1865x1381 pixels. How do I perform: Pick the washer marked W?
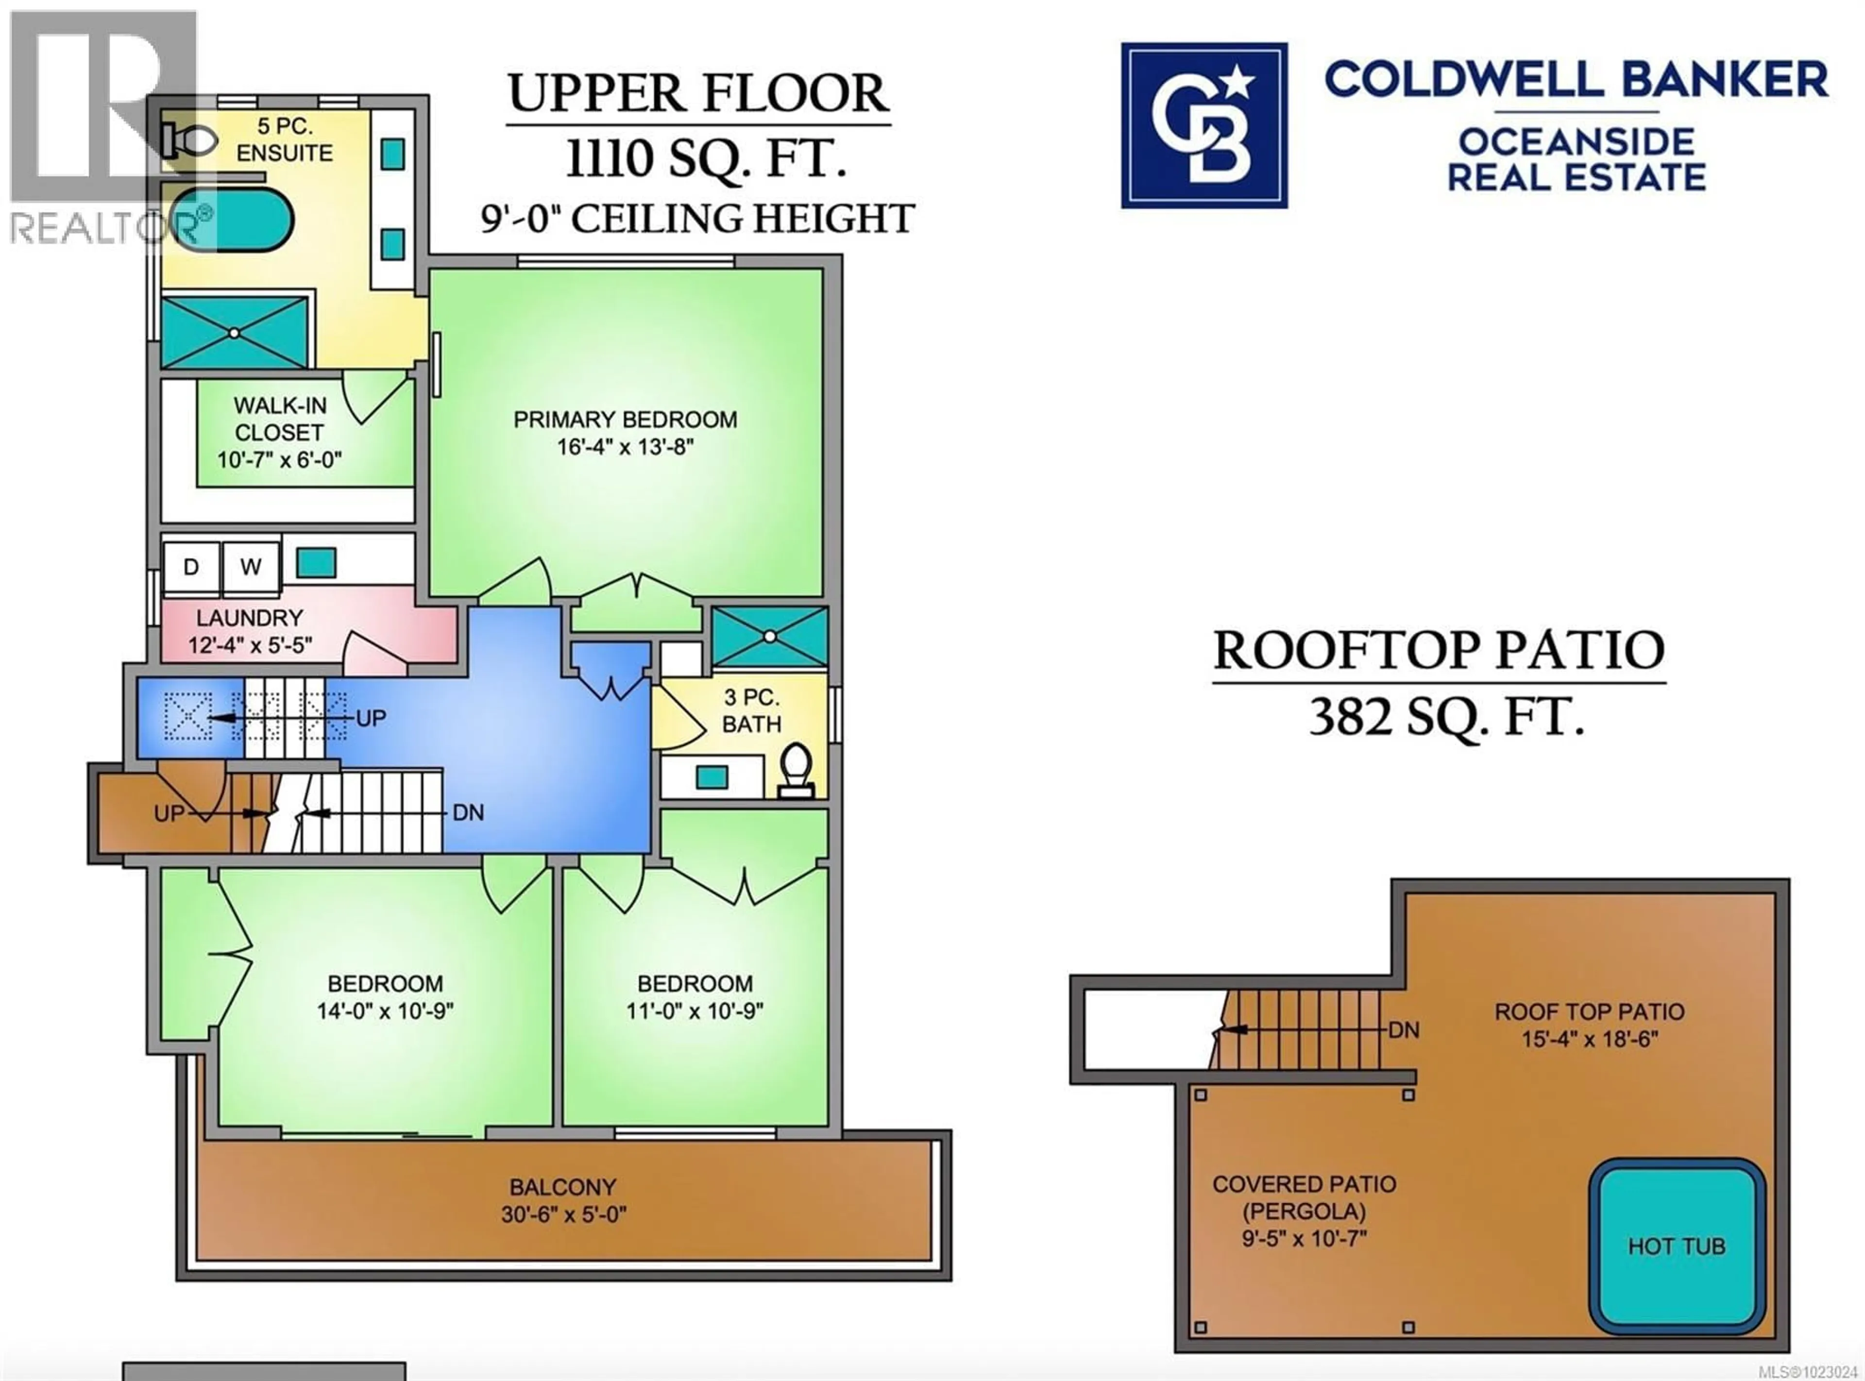(x=251, y=567)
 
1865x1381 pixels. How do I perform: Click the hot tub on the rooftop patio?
(x=1676, y=1246)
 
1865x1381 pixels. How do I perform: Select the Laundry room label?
(x=249, y=618)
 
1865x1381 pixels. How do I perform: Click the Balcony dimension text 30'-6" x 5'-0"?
(x=563, y=1214)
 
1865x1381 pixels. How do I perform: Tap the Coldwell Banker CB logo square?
(x=1204, y=125)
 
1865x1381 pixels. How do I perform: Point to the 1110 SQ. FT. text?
(x=706, y=159)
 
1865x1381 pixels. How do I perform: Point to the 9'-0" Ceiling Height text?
(x=697, y=219)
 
